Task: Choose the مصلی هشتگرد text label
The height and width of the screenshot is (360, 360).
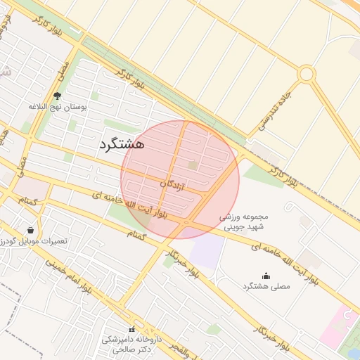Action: [266, 287]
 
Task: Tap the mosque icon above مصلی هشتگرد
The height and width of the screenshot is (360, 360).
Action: [266, 276]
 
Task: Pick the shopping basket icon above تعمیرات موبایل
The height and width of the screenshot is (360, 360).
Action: [30, 230]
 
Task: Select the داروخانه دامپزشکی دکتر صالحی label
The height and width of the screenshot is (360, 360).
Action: [131, 344]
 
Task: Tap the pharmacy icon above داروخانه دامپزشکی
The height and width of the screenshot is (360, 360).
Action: [131, 329]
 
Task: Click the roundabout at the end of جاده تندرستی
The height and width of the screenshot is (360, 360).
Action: [306, 73]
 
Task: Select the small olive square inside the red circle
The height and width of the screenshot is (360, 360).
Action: [193, 165]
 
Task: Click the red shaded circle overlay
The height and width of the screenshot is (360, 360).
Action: [180, 179]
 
